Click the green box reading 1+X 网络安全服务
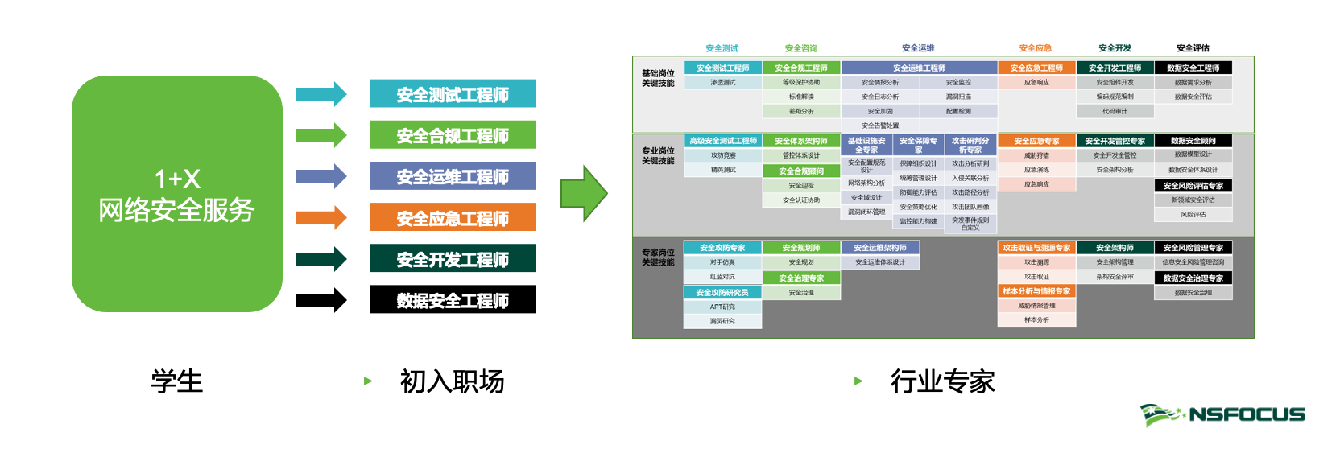tap(177, 194)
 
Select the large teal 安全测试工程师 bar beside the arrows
tap(453, 94)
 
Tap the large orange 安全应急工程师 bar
tap(453, 218)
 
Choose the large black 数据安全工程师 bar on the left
tap(453, 300)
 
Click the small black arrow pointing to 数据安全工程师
tap(321, 300)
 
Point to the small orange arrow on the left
tap(321, 217)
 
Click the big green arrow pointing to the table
tap(584, 194)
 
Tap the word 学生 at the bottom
tap(177, 381)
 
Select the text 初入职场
tap(452, 381)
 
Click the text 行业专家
tap(942, 381)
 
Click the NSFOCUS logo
tap(1222, 414)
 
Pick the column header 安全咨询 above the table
tap(801, 48)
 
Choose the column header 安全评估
tap(1193, 48)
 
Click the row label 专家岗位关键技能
tap(658, 257)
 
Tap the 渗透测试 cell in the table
tap(722, 82)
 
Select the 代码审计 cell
tap(1115, 111)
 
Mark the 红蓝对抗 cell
tap(722, 277)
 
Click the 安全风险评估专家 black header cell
tap(1193, 186)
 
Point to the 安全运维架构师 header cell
tap(879, 248)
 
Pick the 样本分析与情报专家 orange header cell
tap(1036, 291)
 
